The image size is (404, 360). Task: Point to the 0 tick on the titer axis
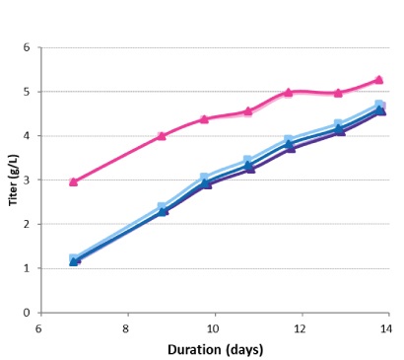click(x=29, y=313)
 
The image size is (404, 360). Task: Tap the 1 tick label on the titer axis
click(x=29, y=268)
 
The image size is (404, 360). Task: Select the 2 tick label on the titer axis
click(x=29, y=224)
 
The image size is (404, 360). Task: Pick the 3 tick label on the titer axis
click(x=29, y=180)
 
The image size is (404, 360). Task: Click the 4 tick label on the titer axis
click(x=29, y=136)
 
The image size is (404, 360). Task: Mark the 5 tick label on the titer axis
click(x=29, y=92)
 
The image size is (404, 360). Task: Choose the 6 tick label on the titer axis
click(x=29, y=47)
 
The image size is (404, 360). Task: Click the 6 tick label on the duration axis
click(x=39, y=327)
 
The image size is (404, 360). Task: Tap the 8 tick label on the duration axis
click(x=126, y=327)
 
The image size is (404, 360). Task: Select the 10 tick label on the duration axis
click(x=213, y=327)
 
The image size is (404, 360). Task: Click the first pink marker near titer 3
click(x=74, y=181)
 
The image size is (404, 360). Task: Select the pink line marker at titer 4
click(x=162, y=136)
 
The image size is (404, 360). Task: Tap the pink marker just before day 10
click(x=204, y=118)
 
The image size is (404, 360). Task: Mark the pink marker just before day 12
click(x=289, y=93)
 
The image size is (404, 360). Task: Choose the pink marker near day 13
click(x=338, y=93)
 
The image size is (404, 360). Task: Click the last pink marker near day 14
click(x=378, y=80)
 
